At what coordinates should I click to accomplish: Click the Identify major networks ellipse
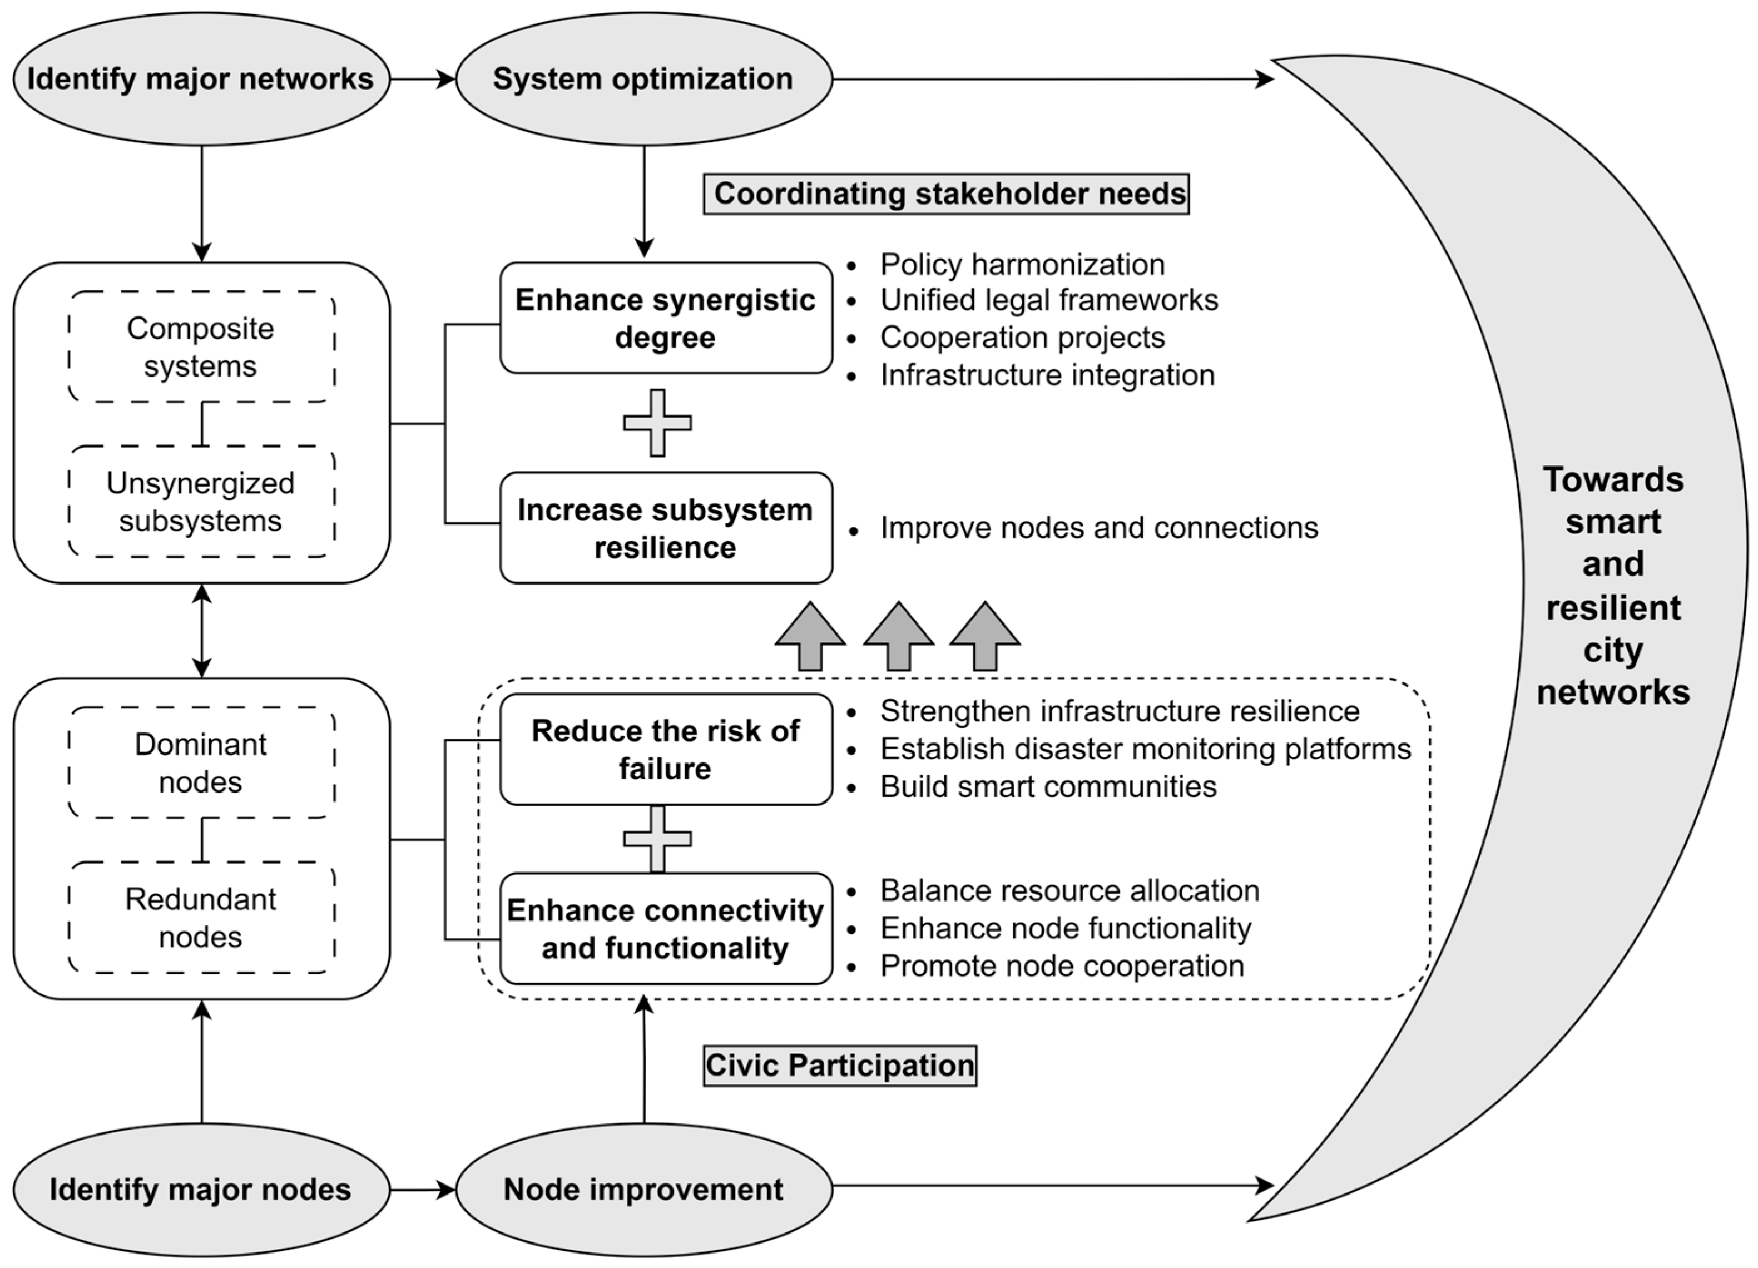[x=201, y=79]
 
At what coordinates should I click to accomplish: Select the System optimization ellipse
[x=643, y=79]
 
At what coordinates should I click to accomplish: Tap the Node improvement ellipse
[x=643, y=1189]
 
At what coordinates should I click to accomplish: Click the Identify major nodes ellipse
[x=201, y=1189]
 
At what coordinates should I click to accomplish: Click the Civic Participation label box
[x=839, y=1066]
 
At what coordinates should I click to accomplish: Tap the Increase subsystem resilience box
[x=665, y=528]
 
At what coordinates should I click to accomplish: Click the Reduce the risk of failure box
[x=665, y=750]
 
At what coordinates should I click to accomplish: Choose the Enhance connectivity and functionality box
[x=665, y=929]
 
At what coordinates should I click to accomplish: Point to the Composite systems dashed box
[x=201, y=346]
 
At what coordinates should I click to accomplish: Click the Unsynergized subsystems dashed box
[x=201, y=502]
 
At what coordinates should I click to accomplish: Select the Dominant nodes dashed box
[x=201, y=762]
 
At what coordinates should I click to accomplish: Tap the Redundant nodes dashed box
[x=201, y=918]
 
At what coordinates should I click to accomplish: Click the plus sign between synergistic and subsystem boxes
[x=657, y=423]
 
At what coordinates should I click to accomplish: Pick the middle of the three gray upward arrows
[x=898, y=637]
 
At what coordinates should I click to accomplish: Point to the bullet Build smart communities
[x=1047, y=787]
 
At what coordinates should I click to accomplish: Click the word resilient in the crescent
[x=1613, y=608]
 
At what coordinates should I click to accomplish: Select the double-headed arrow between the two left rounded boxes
[x=201, y=630]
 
